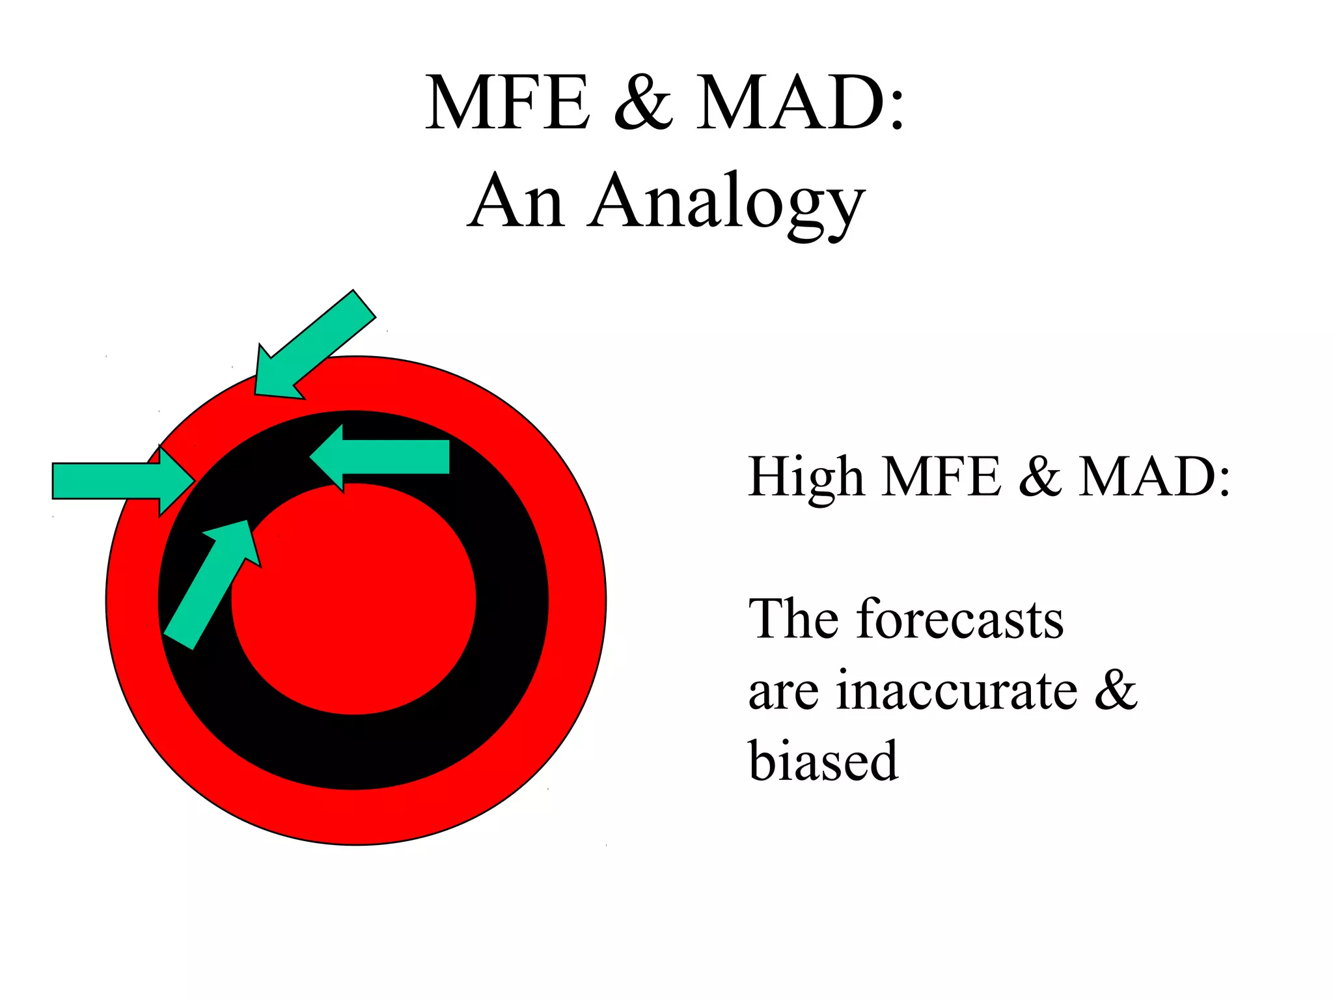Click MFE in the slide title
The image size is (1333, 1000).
[x=508, y=104]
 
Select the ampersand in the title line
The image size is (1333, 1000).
[x=643, y=104]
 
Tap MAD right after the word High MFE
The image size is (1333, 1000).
[x=1154, y=477]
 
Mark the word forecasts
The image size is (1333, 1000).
[x=960, y=619]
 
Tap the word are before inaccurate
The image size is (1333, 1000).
[x=784, y=692]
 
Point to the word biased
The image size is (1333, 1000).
[x=823, y=761]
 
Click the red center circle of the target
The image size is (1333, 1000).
[x=364, y=605]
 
